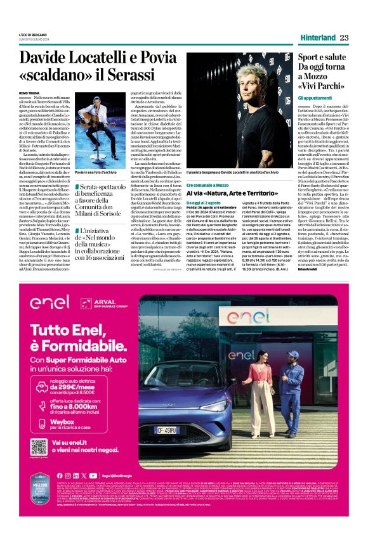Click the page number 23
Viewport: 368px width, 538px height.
pos(344,37)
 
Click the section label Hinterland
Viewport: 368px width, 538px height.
pos(317,37)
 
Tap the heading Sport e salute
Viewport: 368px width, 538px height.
pos(320,58)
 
